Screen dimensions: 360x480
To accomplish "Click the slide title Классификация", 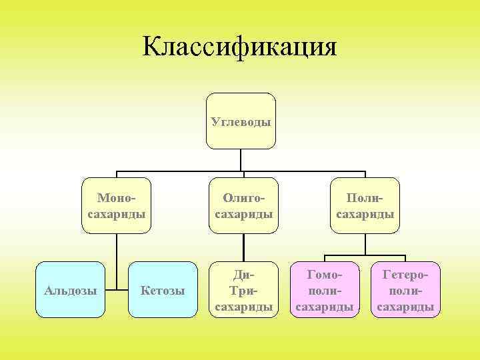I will [240, 47].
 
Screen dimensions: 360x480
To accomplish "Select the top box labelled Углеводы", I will [241, 121].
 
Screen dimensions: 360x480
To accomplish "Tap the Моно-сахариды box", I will [117, 205].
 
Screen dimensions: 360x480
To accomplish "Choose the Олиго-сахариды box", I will [243, 205].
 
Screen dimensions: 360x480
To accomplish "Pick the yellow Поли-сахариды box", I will [365, 205].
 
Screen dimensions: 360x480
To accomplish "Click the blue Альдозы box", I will [70, 289].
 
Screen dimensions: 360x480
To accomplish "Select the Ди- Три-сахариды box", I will [243, 289].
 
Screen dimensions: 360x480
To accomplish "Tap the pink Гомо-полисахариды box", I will [324, 289].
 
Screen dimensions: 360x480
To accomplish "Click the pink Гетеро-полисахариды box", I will [405, 289].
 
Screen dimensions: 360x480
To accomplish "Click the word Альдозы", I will [70, 291].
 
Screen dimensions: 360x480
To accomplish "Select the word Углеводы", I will [241, 122].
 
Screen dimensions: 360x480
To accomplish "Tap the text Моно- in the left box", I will [116, 198].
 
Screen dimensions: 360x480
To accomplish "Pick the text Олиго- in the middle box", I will [243, 198].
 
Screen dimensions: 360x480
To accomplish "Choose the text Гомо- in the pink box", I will [324, 275].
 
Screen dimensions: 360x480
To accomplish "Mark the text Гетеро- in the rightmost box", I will [405, 275].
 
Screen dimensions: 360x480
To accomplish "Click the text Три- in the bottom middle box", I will [243, 291].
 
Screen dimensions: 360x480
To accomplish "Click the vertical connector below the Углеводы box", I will [241, 160].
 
